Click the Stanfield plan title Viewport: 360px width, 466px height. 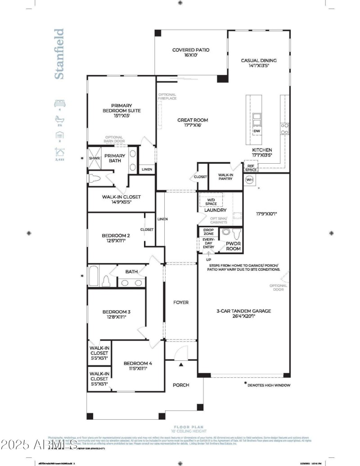(59, 54)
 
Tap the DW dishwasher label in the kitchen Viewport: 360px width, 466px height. (257, 132)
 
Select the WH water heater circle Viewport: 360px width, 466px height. (250, 180)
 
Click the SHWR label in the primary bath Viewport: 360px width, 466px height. (94, 158)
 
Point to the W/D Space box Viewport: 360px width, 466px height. (211, 202)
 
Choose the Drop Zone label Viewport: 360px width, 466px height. (208, 232)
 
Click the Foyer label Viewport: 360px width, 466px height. (181, 302)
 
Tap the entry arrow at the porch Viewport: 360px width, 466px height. (181, 365)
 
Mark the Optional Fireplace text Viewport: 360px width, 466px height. (167, 96)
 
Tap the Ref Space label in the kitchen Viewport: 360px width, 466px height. (251, 167)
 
